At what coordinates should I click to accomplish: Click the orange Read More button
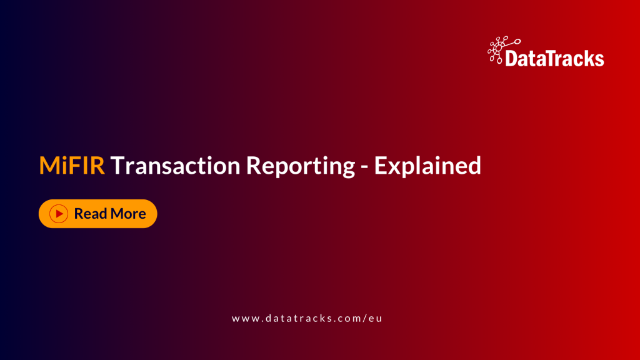pos(97,214)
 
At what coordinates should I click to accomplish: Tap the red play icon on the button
pos(59,214)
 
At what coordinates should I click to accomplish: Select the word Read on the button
pos(91,214)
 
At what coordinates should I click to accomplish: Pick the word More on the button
pos(128,214)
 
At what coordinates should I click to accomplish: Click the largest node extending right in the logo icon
pos(518,41)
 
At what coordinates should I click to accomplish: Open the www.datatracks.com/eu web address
pos(306,318)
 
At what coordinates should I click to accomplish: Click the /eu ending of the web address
pos(372,318)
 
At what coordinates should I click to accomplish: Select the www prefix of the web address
pos(244,318)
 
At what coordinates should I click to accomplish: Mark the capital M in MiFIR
pos(51,166)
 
